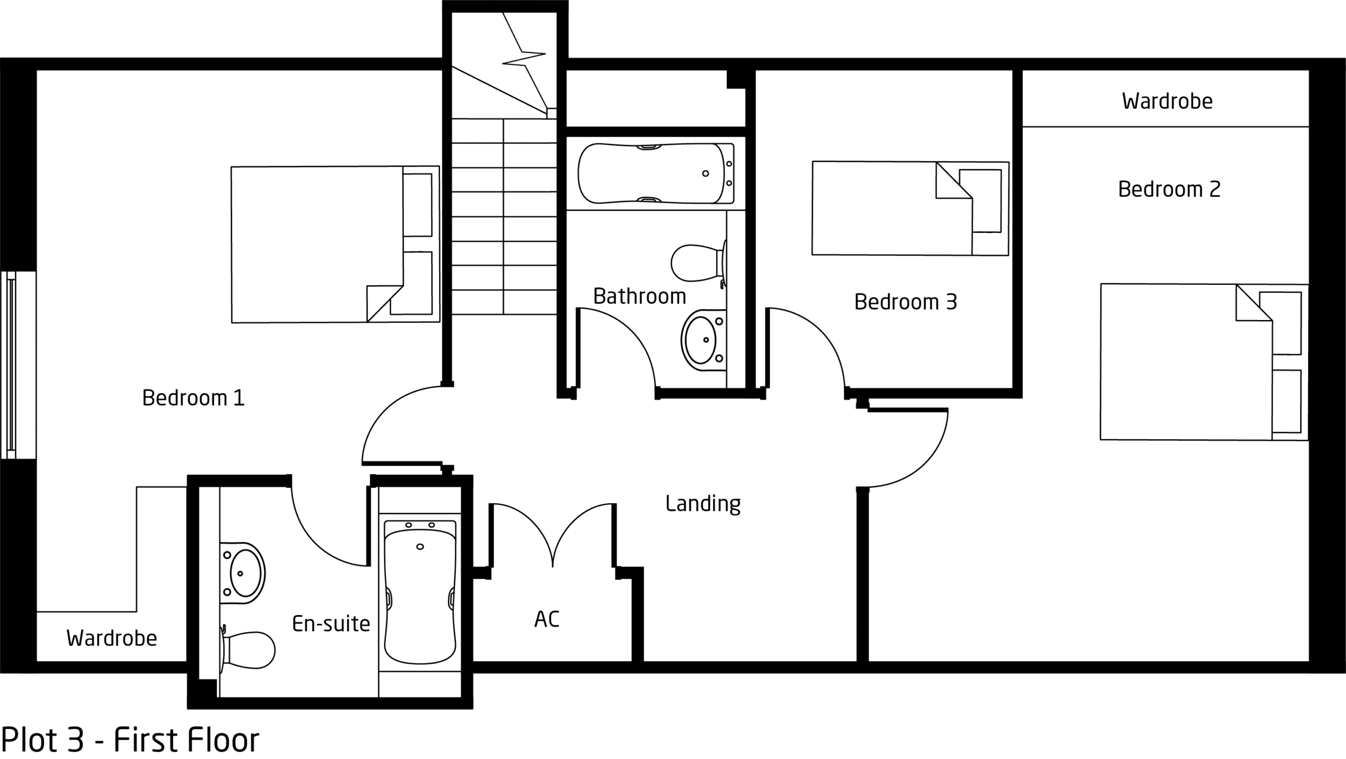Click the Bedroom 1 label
point(193,398)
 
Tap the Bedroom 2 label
point(1169,189)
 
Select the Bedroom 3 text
point(905,302)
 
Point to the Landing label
point(703,504)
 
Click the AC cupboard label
point(547,619)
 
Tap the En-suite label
point(331,624)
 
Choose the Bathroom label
point(639,296)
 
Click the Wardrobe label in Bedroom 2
point(1167,101)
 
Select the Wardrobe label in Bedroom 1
point(111,638)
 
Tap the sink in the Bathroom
point(703,340)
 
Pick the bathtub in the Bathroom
point(656,173)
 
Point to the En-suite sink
point(242,573)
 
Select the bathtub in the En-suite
point(420,592)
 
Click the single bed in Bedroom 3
point(910,208)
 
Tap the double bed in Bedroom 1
point(335,244)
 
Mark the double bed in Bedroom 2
point(1204,362)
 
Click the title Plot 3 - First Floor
point(130,740)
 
